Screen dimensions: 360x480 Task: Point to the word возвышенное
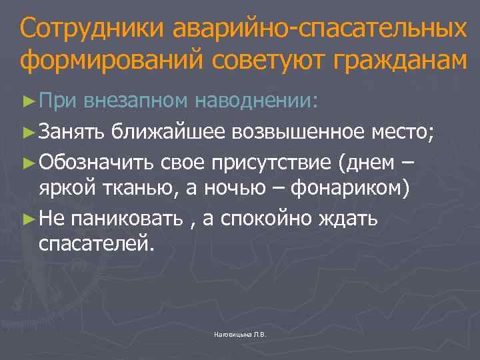[x=298, y=133]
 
